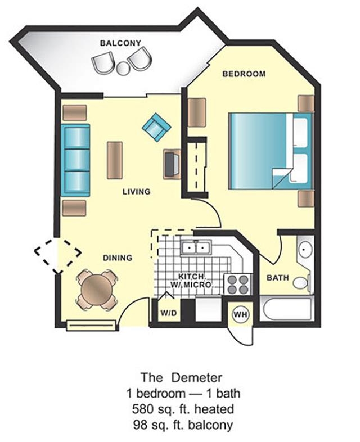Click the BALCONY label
tap(120, 43)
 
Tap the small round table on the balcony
tap(123, 68)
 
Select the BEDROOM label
tap(244, 74)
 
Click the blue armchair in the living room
tap(156, 127)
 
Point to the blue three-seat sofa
tap(75, 160)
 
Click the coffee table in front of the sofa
tap(115, 160)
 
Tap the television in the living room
tap(172, 164)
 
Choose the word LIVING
tap(137, 192)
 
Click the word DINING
tap(118, 258)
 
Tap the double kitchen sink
tap(196, 248)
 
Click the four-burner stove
tap(238, 285)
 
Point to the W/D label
tap(169, 313)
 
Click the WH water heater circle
tap(241, 314)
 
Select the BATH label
tap(278, 278)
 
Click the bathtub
tap(287, 309)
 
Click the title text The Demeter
tap(182, 377)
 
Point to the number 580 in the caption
tap(143, 409)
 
